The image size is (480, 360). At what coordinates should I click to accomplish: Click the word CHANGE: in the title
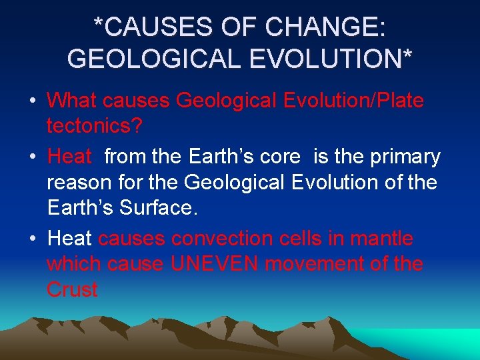point(325,28)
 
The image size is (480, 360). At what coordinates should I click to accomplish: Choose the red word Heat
point(69,157)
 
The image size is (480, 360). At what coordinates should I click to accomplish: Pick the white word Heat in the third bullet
point(69,239)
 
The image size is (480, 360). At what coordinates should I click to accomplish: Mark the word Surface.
point(157,208)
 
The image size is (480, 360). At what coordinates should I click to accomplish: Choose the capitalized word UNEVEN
point(215,264)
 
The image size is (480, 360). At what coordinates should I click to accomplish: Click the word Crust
point(72,290)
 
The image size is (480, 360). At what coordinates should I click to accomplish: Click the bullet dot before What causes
point(32,102)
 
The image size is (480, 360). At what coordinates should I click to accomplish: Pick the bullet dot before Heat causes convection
point(32,239)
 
